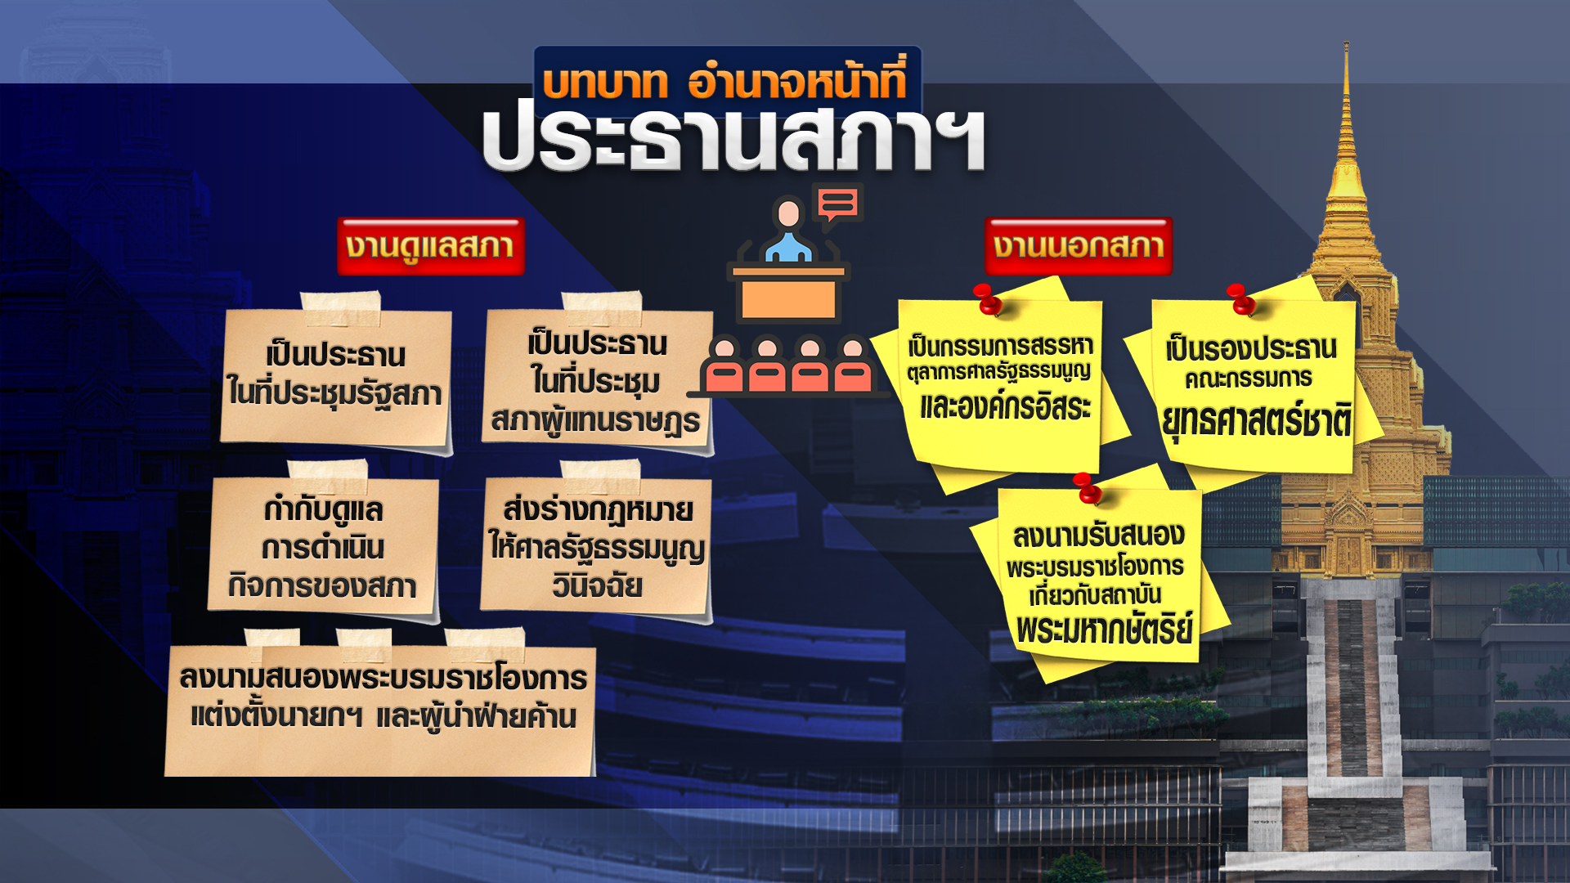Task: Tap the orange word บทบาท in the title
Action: tap(604, 83)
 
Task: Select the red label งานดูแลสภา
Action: tap(430, 246)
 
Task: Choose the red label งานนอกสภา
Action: tap(1079, 246)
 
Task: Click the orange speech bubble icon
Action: tap(837, 203)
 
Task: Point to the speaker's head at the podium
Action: tap(789, 213)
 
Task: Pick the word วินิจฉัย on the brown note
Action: tap(597, 585)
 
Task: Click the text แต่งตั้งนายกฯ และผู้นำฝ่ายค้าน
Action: tap(384, 716)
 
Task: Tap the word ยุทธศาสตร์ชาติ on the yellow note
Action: tap(1256, 421)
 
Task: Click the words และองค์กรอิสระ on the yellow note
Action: tap(1005, 406)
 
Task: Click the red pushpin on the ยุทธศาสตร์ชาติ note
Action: tap(1241, 299)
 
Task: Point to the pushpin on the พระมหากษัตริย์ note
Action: tap(1088, 488)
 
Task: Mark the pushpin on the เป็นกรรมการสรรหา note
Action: tap(988, 299)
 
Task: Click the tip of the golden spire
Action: tap(1346, 43)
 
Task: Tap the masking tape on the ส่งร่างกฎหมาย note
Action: tap(599, 475)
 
